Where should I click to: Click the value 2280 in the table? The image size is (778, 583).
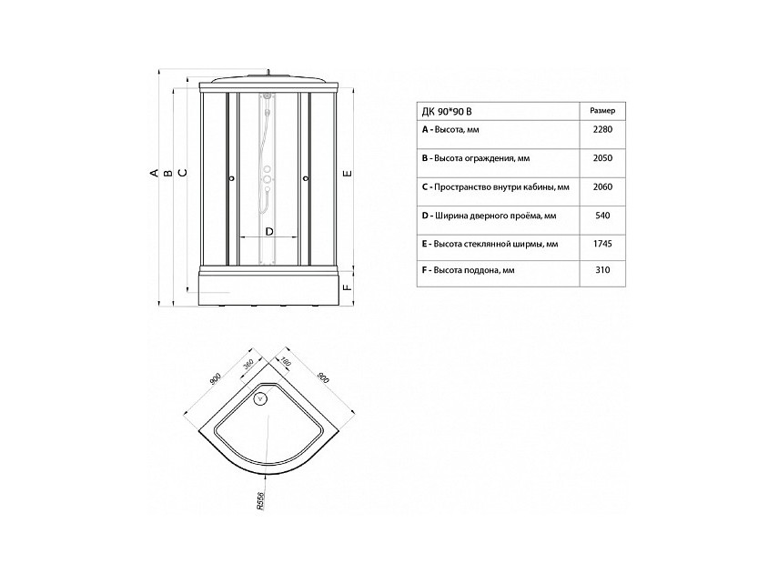[602, 129]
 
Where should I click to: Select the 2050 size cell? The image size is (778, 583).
[602, 158]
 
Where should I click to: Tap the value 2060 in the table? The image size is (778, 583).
[602, 186]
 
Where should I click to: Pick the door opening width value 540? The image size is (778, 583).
[602, 216]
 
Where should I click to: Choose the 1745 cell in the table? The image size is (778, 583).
[602, 244]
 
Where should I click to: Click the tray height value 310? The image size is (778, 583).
[602, 270]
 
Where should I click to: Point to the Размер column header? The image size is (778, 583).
[602, 111]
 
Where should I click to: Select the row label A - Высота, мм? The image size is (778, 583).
[450, 130]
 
